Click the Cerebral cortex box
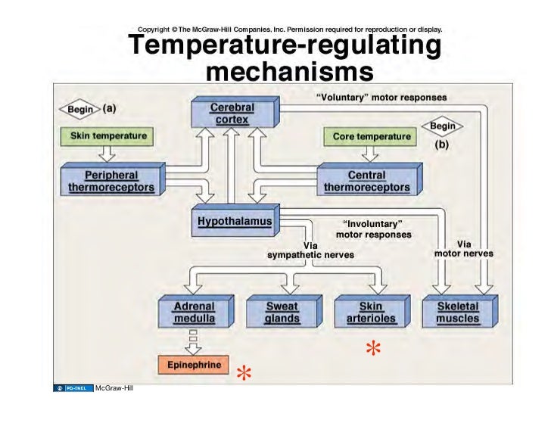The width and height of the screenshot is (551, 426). (232, 114)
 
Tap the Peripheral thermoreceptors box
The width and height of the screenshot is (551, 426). (107, 180)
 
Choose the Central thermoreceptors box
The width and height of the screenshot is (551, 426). (366, 181)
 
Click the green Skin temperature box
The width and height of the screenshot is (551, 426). (108, 136)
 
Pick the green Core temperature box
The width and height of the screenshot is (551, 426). (372, 137)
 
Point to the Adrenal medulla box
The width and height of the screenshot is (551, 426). (194, 313)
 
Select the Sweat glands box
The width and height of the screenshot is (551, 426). (282, 313)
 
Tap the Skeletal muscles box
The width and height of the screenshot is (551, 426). (457, 313)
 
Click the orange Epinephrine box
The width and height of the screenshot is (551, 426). (193, 365)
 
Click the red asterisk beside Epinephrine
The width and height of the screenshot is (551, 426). (243, 374)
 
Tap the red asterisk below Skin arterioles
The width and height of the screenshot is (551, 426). (372, 349)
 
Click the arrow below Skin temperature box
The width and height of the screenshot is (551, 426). (107, 154)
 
